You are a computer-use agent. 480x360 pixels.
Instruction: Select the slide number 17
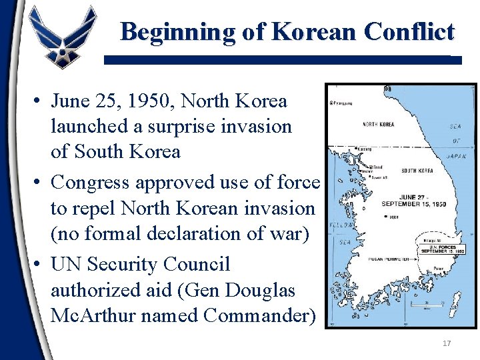point(447,343)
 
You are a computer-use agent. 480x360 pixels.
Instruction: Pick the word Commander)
point(260,315)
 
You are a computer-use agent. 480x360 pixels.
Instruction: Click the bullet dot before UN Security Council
point(37,265)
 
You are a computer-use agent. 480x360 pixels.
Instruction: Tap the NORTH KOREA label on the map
point(378,125)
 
